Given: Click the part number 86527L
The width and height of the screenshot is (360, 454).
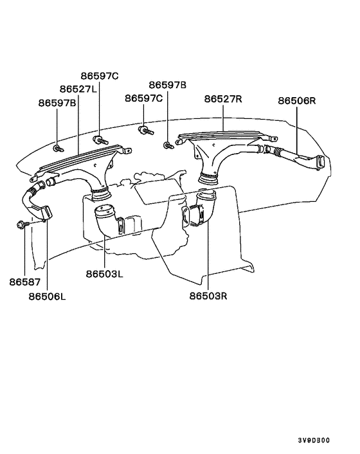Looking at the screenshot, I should pos(78,89).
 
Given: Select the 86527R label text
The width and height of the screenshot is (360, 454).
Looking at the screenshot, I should pos(223,99).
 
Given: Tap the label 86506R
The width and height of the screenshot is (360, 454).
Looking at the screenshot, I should pos(297,101).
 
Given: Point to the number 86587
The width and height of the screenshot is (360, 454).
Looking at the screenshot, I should pos(24,282).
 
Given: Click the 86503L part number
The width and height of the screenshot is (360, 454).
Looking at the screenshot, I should pos(104,273).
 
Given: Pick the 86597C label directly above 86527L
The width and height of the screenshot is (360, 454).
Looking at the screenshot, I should pos(100,76).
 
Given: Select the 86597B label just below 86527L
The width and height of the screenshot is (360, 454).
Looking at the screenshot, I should pos(57,102).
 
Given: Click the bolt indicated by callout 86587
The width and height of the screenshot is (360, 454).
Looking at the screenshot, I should pos(23,224).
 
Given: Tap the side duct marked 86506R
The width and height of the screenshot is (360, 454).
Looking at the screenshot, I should pos(296,158).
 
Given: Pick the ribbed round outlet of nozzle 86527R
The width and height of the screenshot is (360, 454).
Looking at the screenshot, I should pos(209,176).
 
